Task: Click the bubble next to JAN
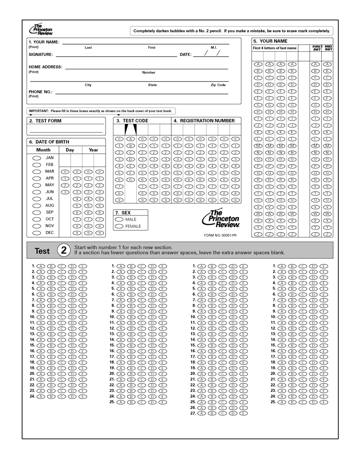coord(36,158)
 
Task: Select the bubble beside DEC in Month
coord(36,233)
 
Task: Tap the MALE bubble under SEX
coord(120,219)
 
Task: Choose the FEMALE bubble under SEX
coord(120,226)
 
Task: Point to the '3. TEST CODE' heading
coord(132,121)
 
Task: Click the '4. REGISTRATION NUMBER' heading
coord(204,121)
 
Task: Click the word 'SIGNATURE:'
coord(41,54)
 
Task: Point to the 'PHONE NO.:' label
coord(40,92)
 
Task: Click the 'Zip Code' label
coord(218,85)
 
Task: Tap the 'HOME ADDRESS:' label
coord(45,67)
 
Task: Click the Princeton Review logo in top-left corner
coord(40,30)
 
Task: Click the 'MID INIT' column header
coord(328,47)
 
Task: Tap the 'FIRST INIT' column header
coord(317,47)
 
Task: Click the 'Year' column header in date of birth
coord(93,150)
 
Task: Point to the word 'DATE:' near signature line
coord(186,54)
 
